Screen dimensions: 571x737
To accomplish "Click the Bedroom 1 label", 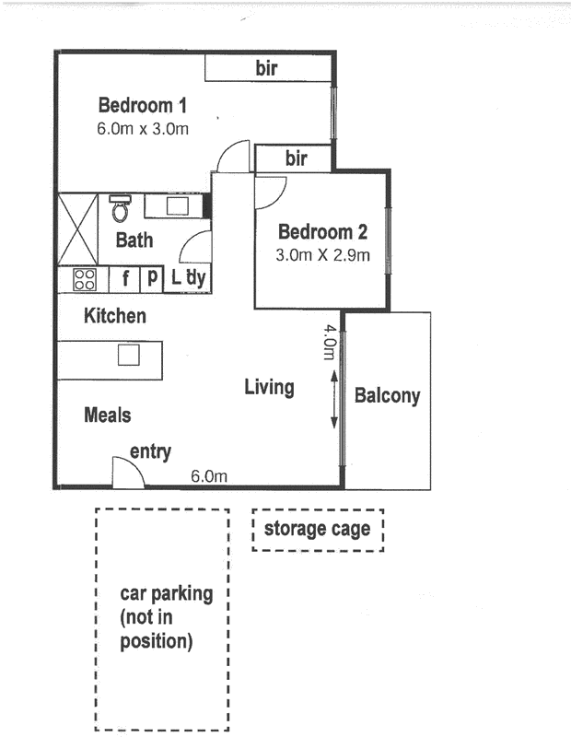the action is pos(143,105).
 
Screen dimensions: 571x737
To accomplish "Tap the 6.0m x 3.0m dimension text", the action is pos(143,128).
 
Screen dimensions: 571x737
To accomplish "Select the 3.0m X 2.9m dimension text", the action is pos(323,255).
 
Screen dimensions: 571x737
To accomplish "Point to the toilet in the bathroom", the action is pos(120,208).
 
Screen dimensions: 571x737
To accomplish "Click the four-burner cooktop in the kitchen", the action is pos(85,279).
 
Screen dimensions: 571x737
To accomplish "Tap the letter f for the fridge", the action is pos(125,278).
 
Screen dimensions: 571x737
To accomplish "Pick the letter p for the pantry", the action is pos(152,277).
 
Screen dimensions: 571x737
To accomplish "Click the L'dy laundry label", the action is pos(188,277).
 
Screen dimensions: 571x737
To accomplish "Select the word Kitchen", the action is pos(115,315).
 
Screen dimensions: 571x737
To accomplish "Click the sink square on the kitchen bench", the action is pos(129,355).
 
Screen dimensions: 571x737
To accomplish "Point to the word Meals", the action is pos(108,415).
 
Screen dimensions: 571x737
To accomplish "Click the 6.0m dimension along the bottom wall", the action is pos(209,476).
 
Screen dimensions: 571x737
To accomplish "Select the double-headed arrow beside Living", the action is pos(334,400).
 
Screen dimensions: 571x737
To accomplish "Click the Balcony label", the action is pos(387,396).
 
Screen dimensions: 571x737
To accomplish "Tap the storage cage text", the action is pos(317,529).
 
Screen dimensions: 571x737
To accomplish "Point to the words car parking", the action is pos(167,593).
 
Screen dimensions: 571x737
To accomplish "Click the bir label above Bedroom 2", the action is pos(297,158).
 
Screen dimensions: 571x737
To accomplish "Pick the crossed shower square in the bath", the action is pos(77,228).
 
